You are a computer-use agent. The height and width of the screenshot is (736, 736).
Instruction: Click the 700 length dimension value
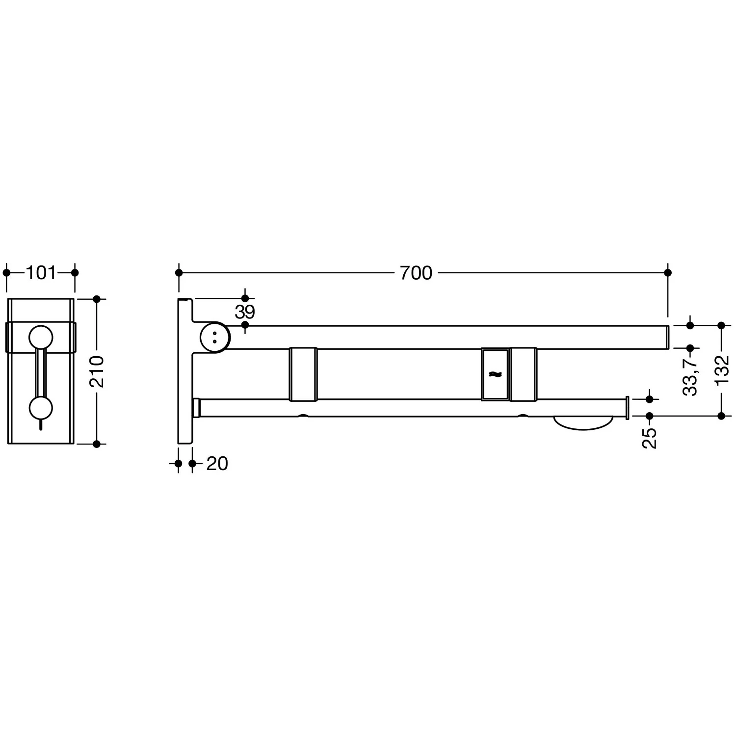[416, 273]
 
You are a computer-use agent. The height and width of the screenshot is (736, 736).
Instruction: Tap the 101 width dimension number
[41, 273]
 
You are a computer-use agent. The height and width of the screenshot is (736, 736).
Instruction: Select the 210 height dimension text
[97, 371]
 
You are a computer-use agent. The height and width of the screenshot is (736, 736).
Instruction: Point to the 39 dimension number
[244, 312]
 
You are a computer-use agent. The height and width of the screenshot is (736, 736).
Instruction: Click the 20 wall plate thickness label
[217, 464]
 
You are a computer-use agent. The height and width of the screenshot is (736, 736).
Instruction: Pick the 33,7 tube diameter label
[690, 377]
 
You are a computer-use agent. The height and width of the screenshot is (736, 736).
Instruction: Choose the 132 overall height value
[721, 371]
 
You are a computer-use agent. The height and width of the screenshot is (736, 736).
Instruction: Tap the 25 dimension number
[649, 438]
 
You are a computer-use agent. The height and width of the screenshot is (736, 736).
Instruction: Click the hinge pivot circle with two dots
[215, 337]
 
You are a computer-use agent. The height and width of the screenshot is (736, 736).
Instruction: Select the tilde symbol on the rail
[495, 375]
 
